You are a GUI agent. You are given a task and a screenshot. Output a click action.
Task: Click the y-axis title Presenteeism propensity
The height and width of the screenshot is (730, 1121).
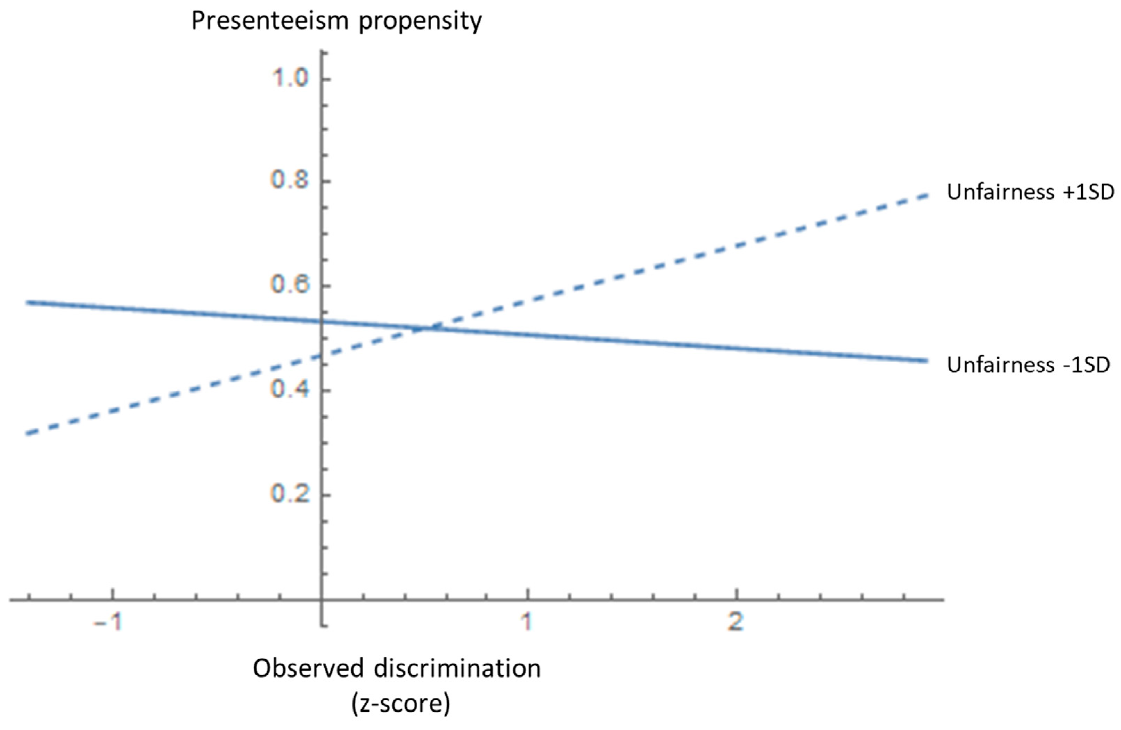coord(336,21)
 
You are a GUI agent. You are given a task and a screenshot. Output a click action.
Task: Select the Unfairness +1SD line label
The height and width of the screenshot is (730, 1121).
coord(1030,192)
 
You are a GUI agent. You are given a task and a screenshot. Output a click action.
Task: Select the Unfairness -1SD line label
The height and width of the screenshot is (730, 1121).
coord(1028,365)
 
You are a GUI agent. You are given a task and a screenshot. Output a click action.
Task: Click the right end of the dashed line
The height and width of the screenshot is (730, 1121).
coord(927,195)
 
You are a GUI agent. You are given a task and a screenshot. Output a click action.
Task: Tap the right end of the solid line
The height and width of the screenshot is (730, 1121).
coord(927,361)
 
